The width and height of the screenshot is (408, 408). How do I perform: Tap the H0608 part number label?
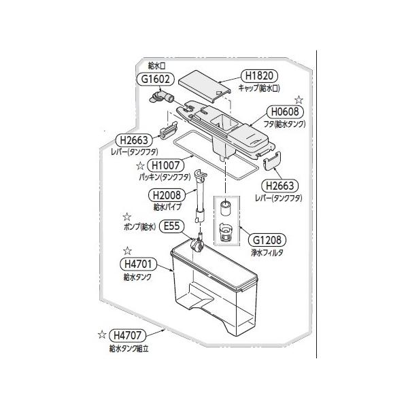tap(286, 112)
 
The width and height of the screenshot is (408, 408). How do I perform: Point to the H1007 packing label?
tap(167, 165)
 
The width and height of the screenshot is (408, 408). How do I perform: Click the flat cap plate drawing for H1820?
tap(205, 84)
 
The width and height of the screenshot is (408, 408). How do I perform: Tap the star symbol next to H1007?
tap(140, 165)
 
